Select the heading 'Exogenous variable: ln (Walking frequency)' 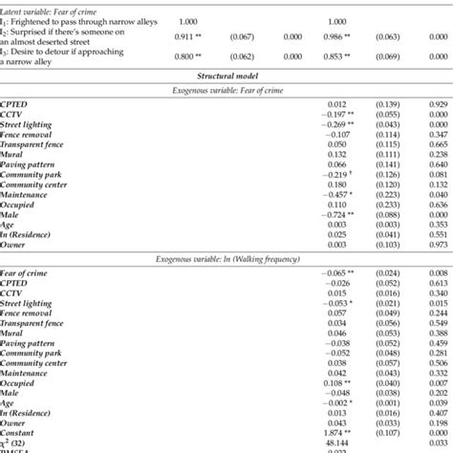226,259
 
